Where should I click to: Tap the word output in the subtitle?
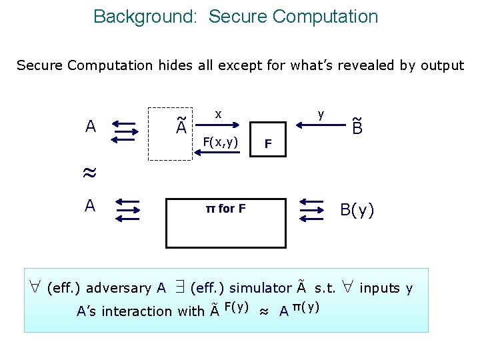pyautogui.click(x=441, y=65)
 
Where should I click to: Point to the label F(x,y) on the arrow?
pyautogui.click(x=221, y=141)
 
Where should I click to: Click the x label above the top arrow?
pyautogui.click(x=218, y=114)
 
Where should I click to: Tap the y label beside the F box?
pyautogui.click(x=321, y=114)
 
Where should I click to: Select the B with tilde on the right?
pyautogui.click(x=357, y=126)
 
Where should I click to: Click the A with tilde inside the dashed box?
pyautogui.click(x=181, y=126)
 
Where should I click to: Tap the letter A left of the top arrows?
pyautogui.click(x=90, y=126)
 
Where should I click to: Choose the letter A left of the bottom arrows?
pyautogui.click(x=90, y=206)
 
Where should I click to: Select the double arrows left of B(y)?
pyautogui.click(x=311, y=210)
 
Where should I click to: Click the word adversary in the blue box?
pyautogui.click(x=120, y=288)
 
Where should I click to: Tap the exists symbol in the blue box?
pyautogui.click(x=179, y=288)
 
